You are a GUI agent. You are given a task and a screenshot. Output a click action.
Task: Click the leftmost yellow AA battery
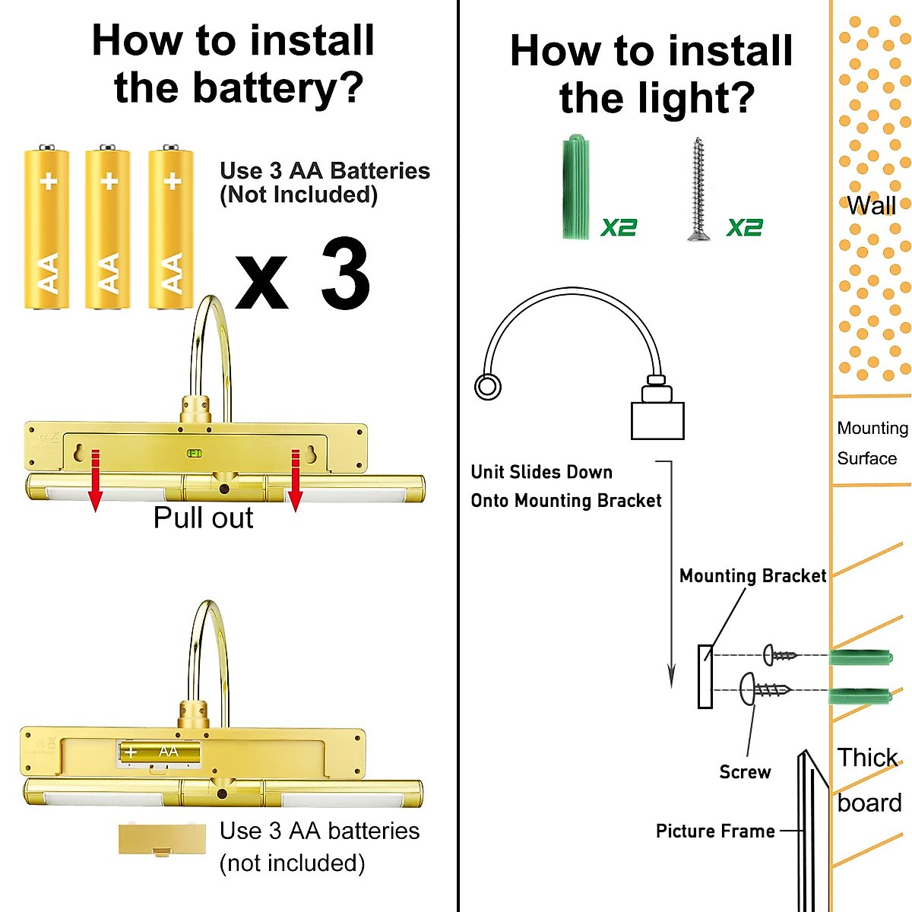point(47,228)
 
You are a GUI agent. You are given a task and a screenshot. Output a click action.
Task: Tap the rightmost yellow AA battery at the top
point(170,228)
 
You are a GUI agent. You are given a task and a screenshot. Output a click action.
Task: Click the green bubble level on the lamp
point(195,454)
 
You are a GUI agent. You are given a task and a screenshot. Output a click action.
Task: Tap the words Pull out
point(203,518)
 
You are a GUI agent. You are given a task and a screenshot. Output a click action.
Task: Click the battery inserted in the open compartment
point(160,752)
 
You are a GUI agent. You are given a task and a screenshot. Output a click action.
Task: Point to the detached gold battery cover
point(162,839)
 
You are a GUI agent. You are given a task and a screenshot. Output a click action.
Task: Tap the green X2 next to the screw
point(744,227)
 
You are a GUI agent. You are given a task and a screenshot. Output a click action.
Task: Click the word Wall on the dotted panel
point(871,205)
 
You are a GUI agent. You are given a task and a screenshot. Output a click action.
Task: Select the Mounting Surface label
point(872,443)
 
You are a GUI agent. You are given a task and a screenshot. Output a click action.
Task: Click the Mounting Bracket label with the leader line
point(752,576)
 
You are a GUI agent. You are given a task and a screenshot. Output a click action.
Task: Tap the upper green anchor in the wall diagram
point(859,657)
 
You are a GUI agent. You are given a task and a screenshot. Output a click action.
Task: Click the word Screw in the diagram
point(745,772)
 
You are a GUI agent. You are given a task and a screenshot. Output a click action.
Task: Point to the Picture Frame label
point(715,831)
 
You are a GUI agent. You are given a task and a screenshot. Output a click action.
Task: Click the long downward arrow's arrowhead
point(671,676)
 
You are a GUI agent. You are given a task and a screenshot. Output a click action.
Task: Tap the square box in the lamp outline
point(657,421)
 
